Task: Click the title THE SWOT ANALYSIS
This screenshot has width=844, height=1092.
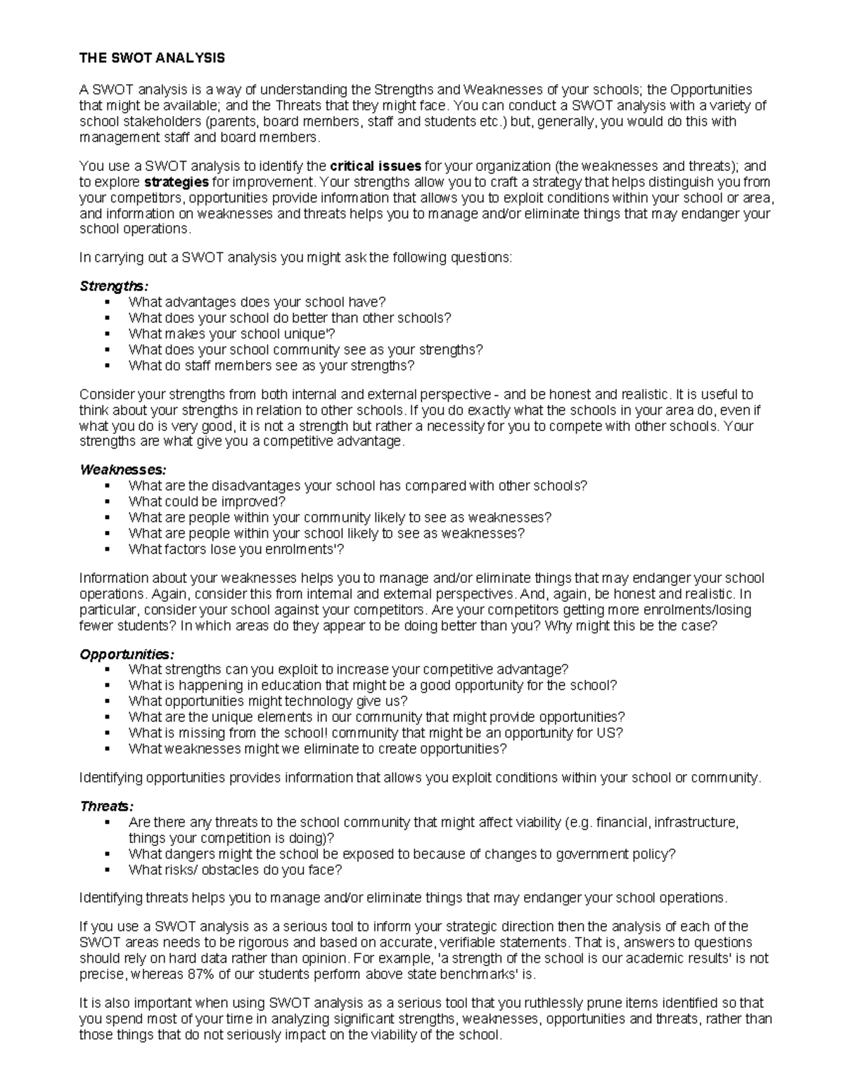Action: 152,58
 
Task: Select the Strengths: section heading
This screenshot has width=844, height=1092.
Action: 114,286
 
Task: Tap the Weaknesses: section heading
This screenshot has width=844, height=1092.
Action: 123,470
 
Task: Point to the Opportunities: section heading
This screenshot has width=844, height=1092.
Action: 127,654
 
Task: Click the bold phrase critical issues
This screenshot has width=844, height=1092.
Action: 376,167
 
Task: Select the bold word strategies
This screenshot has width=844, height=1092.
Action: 181,182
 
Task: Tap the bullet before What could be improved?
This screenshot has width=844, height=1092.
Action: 107,502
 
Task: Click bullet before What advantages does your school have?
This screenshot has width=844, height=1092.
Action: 107,302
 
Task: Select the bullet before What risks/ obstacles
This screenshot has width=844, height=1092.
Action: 107,870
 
